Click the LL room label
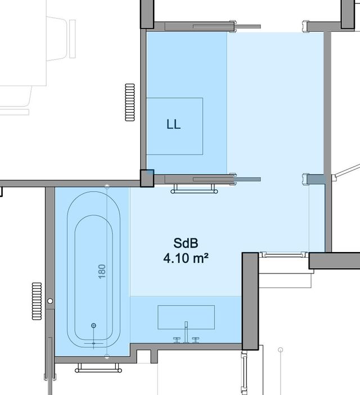(x=173, y=124)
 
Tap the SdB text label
(x=186, y=243)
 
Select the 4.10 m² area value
(x=186, y=258)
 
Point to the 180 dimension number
(x=102, y=272)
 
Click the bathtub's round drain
(x=93, y=325)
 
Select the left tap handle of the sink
(x=177, y=340)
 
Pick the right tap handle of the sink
(x=196, y=340)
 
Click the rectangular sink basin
(x=186, y=317)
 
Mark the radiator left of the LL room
(x=130, y=102)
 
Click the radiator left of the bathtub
(x=37, y=301)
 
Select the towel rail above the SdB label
(x=194, y=189)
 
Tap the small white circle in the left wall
(x=50, y=301)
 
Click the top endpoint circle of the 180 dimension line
(x=107, y=187)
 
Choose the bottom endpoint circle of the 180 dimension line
(x=107, y=356)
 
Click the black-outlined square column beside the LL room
(x=147, y=178)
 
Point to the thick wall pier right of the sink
(x=250, y=301)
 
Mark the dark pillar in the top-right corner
(x=348, y=14)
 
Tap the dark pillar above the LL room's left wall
(x=147, y=14)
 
